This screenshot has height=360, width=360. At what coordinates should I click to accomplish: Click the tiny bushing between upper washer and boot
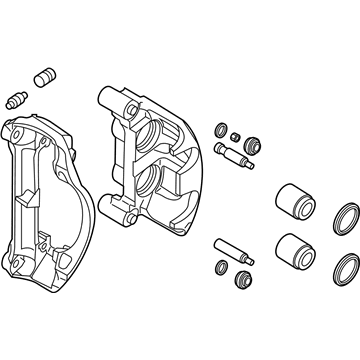click(x=235, y=137)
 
